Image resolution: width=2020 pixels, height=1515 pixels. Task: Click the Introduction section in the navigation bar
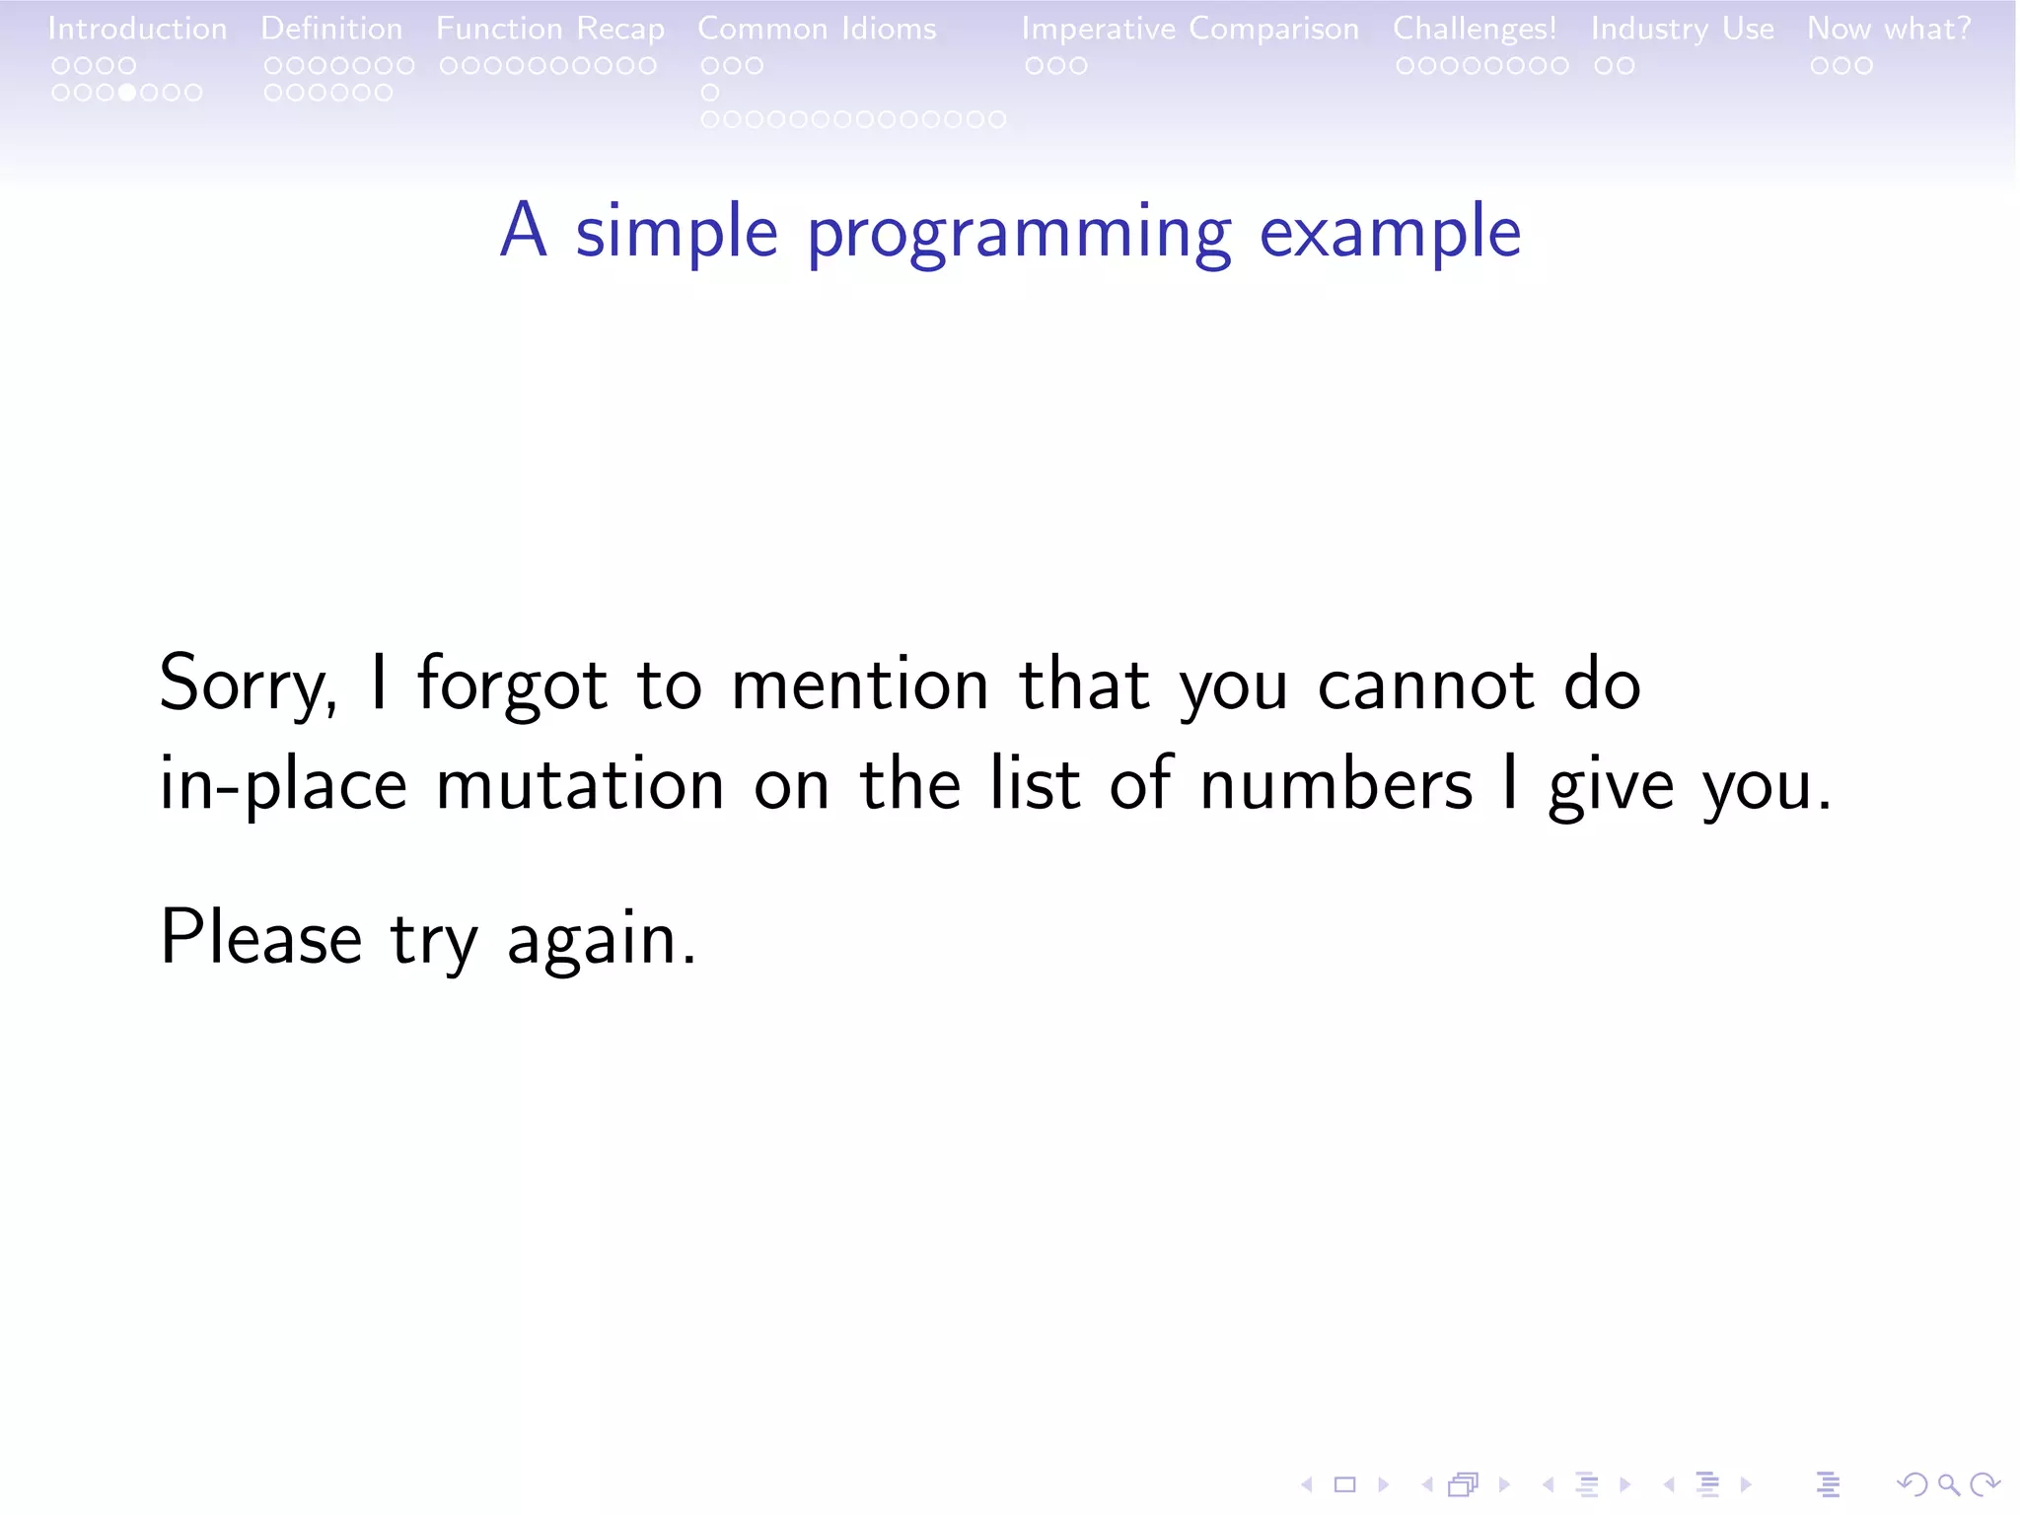coord(137,29)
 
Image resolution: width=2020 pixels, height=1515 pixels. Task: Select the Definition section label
coord(331,29)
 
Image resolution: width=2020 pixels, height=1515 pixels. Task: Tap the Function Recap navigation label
coord(550,29)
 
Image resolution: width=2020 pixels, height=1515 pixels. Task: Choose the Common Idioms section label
coord(817,29)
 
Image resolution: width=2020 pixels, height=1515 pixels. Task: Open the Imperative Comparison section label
coord(1190,29)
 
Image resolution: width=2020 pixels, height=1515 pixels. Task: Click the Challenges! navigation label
coord(1475,29)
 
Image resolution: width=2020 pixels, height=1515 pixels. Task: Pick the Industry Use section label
coord(1682,29)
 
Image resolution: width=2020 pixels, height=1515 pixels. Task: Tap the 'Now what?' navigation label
coord(1889,29)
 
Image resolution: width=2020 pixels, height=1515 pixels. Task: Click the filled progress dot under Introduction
coord(127,93)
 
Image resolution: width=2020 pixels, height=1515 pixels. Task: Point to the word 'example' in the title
coord(1390,232)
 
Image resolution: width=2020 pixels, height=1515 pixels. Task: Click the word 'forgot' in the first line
coord(512,684)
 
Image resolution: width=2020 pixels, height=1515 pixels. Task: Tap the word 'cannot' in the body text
coord(1425,684)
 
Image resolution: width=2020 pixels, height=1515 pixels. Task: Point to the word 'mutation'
coord(580,784)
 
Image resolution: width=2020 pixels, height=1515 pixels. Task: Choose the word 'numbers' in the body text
coord(1335,784)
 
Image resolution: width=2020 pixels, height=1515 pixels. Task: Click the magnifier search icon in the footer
coord(1948,1484)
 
